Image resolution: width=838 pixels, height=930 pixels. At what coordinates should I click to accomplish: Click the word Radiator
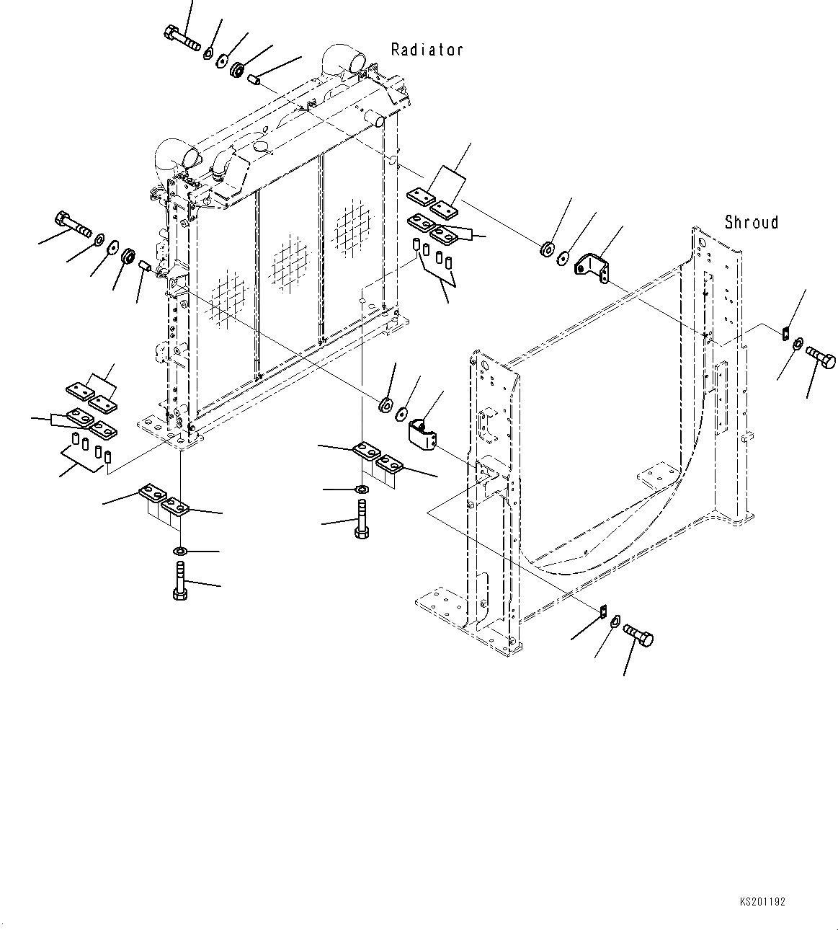427,50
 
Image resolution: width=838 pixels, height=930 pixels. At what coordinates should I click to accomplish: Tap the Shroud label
751,222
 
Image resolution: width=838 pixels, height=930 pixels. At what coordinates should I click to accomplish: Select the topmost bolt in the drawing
182,36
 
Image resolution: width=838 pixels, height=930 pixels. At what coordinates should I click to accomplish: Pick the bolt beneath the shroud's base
637,635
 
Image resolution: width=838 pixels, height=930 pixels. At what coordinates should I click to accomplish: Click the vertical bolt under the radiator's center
361,521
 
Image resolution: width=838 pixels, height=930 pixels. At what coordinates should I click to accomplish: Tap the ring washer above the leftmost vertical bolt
180,552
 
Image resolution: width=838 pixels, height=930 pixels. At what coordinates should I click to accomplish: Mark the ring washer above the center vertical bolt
362,490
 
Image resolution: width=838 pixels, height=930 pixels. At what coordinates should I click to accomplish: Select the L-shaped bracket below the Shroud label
592,267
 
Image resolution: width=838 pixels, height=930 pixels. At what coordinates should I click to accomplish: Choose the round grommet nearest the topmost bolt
236,71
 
